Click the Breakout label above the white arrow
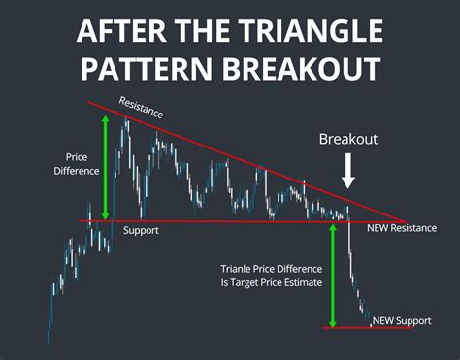(348, 140)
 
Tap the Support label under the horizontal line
(141, 231)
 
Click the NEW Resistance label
(400, 231)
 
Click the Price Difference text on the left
(82, 163)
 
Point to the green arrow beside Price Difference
(106, 166)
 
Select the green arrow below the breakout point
(333, 276)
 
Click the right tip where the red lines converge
(404, 222)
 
